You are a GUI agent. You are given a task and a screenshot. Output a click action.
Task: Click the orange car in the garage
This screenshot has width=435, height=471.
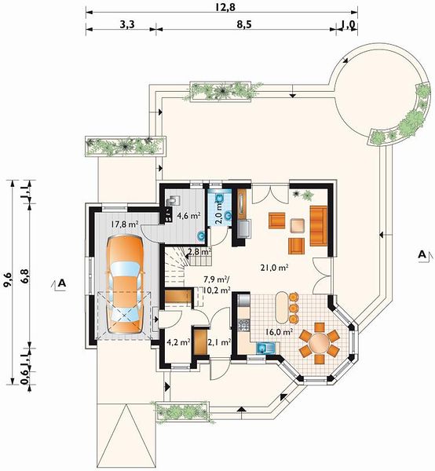[x=125, y=284]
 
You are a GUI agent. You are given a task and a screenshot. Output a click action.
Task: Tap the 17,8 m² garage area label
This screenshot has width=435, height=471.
[x=124, y=224]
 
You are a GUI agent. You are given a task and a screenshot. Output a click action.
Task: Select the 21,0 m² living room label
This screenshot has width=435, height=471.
[x=275, y=268]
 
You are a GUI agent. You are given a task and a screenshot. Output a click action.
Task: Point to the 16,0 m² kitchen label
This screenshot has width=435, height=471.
[x=280, y=332]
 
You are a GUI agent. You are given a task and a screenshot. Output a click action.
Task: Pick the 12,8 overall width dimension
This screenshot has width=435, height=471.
[x=225, y=7]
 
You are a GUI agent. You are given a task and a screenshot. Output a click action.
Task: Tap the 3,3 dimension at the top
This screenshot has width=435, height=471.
[x=126, y=24]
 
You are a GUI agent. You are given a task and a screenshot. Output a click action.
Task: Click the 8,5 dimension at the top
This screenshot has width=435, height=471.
[x=243, y=24]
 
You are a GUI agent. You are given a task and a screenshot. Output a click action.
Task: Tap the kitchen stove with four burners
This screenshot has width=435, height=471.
[x=243, y=325]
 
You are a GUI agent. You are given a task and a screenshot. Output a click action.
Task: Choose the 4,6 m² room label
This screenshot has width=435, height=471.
[x=188, y=215]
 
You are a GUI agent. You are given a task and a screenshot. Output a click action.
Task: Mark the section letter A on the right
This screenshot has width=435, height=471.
[x=422, y=254]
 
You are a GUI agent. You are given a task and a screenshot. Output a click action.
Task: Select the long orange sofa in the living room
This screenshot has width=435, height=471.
[x=319, y=226]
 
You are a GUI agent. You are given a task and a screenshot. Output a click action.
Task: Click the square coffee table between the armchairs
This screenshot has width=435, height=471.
[x=297, y=226]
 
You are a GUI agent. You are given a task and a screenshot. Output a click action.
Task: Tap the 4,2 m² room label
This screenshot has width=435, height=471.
[x=178, y=341]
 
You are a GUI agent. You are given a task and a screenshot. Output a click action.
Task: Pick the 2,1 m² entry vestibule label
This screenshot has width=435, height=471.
[x=219, y=341]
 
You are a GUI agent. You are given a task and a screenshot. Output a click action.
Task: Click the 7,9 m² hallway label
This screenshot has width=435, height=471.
[x=216, y=279]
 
